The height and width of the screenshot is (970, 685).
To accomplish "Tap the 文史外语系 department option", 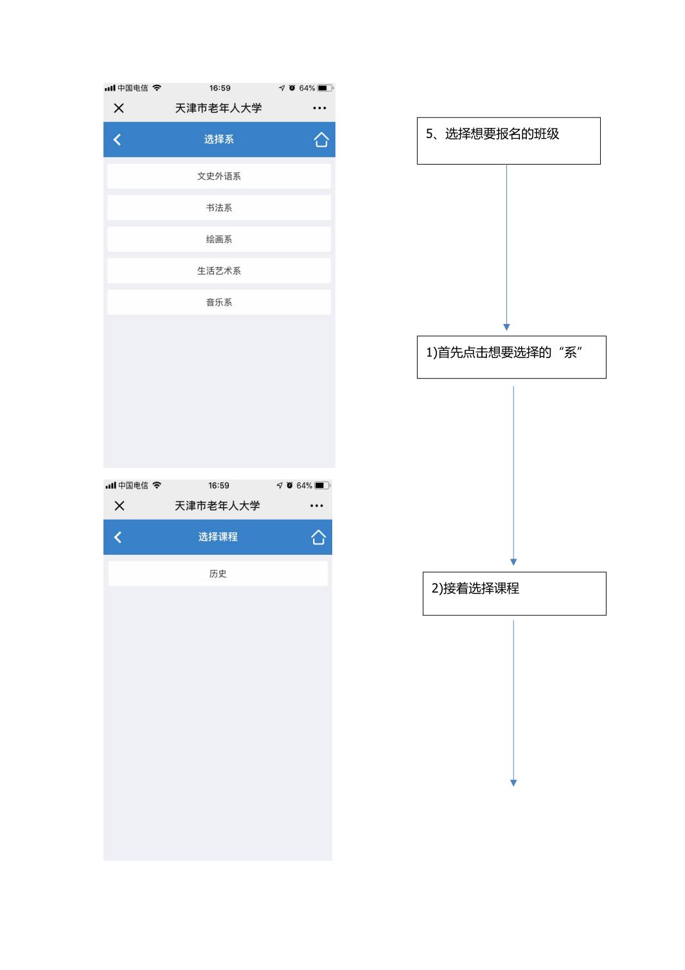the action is coord(219,176).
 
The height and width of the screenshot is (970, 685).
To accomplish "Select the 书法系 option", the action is coord(219,208).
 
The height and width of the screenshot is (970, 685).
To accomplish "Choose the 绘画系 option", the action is coord(219,239).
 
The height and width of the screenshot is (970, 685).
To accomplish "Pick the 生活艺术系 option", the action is coord(219,271).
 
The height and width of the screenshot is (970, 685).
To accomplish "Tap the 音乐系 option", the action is coord(219,302).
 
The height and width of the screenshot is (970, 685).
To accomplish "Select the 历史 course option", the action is coord(218,574).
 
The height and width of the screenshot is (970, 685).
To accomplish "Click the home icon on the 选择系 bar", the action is coord(321,139).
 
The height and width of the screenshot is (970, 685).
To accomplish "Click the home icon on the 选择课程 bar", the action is coord(318,537).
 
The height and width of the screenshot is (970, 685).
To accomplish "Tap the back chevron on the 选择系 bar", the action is coord(117,139).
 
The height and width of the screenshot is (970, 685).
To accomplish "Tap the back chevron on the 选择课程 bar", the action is coord(118,537).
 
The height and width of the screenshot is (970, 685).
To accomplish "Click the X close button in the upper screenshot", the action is coord(119,108).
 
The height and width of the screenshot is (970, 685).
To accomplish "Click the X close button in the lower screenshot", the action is coord(120,505).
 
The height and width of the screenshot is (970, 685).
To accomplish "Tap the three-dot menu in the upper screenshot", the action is coord(319,108).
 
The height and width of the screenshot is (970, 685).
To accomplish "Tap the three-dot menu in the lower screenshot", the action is coord(317,505).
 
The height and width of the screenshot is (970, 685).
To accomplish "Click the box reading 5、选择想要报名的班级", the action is coord(509,141).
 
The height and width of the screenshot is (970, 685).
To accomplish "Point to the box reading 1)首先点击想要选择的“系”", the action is coord(512,357).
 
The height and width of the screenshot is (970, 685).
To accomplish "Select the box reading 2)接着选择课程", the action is coord(515,594).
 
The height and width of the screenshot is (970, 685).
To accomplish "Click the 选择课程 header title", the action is coord(218,537).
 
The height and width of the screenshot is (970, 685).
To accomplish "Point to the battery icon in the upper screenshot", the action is coord(325,88).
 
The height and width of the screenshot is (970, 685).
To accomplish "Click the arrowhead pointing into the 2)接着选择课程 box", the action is coord(513,562).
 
